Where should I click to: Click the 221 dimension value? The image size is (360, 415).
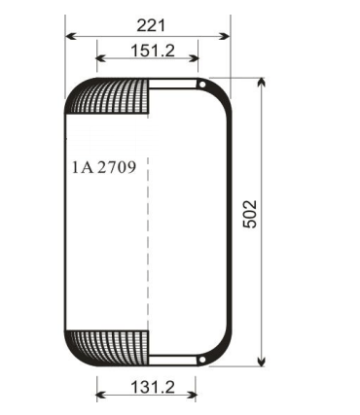[151, 25]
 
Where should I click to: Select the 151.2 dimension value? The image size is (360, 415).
[153, 51]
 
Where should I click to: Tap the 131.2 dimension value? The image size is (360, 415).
[153, 387]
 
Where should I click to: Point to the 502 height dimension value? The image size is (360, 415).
[250, 214]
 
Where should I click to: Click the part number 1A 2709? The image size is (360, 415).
[104, 167]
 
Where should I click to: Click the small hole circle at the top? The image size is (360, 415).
[202, 85]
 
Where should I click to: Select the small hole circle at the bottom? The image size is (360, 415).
[201, 360]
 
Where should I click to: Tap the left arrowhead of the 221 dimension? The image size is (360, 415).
[71, 36]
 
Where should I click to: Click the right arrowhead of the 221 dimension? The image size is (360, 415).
[225, 36]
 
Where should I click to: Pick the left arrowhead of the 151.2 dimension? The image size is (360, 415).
[102, 58]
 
